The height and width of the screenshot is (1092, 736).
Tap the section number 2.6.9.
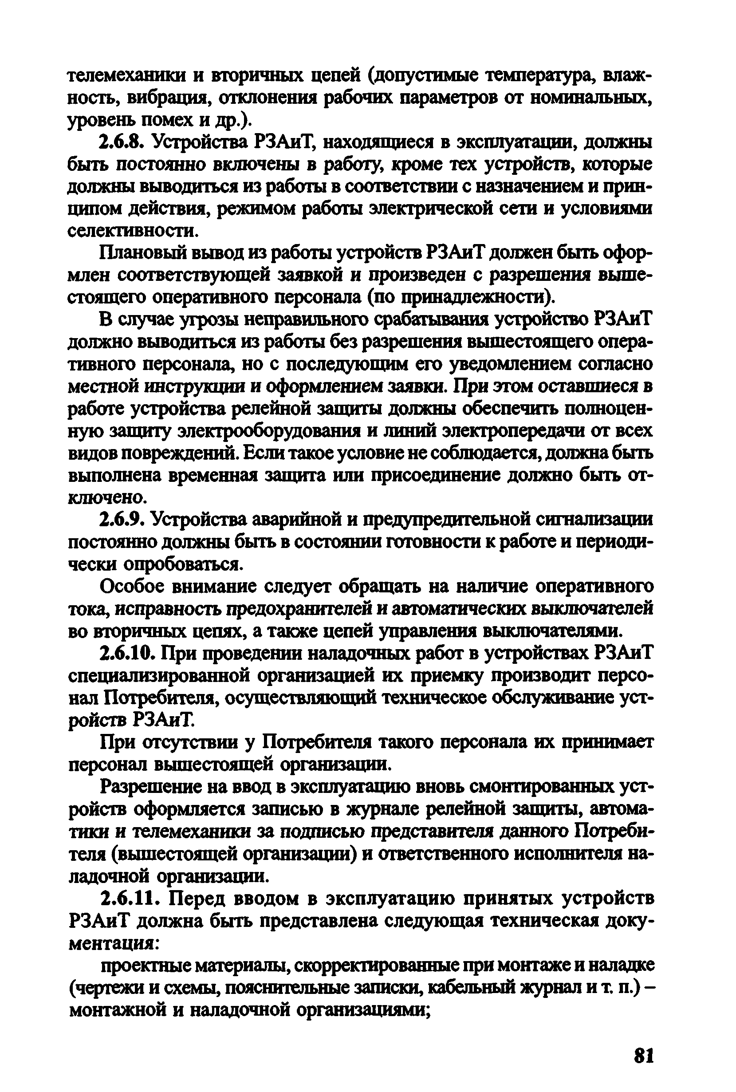pos(122,520)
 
